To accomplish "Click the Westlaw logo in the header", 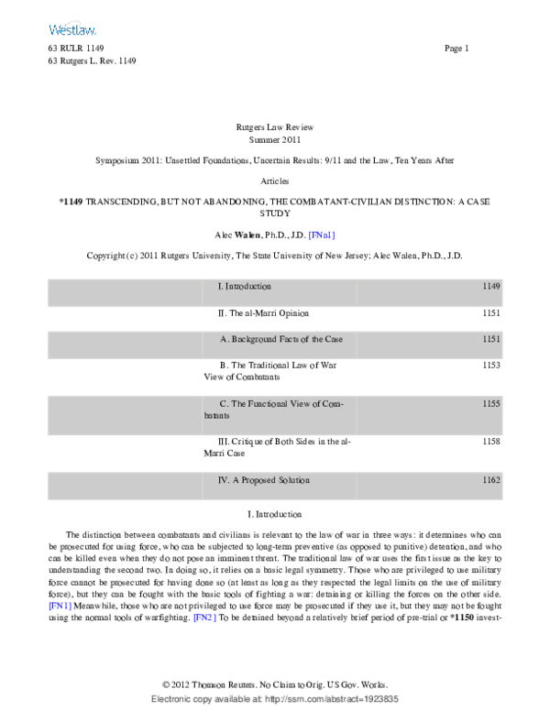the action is [x=72, y=30].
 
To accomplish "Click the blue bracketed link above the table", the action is [x=322, y=235].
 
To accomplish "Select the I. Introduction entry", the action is [x=245, y=287].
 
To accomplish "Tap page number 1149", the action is [x=491, y=287].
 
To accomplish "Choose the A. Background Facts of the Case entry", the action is [x=281, y=339].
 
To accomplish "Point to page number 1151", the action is [x=491, y=339].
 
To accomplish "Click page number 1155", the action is [x=491, y=403].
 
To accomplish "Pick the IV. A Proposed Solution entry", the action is [x=264, y=480].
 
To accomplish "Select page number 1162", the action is [x=491, y=480].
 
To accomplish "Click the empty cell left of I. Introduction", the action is [x=124, y=292].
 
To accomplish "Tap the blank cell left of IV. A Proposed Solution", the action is [x=124, y=486].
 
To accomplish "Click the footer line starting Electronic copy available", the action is [x=274, y=699].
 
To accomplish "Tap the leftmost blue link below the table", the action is [x=60, y=606].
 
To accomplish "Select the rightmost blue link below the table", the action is [x=204, y=618].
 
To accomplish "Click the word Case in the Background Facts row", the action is [x=334, y=339].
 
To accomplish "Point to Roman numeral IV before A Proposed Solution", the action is [x=223, y=480].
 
